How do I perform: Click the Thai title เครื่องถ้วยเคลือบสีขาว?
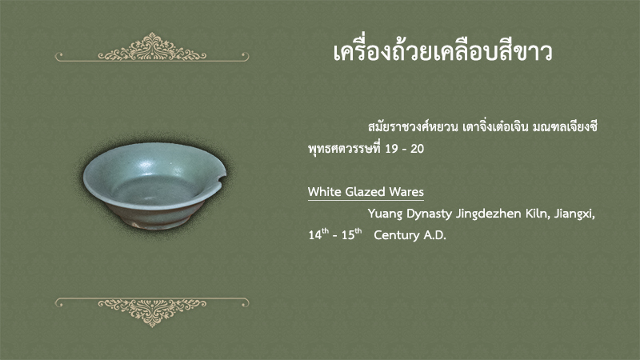442,52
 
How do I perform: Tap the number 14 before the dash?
314,235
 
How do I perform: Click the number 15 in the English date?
348,235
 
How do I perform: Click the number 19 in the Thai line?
391,149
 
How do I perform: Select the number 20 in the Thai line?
417,149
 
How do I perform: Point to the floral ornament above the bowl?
152,47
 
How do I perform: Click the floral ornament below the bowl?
152,311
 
